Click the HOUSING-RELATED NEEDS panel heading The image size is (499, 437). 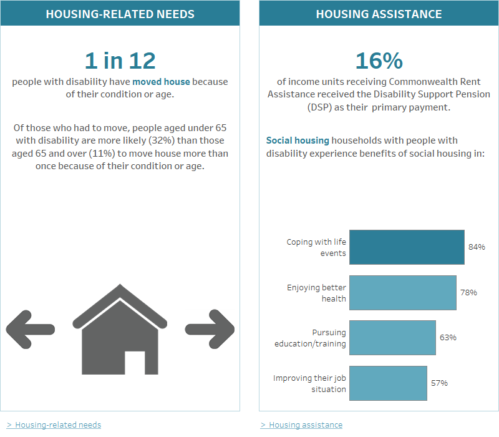point(120,14)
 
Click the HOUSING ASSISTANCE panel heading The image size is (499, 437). point(379,14)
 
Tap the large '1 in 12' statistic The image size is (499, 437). point(120,61)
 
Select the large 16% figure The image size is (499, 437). point(379,61)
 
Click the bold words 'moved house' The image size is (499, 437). point(161,82)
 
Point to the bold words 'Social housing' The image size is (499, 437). point(298,140)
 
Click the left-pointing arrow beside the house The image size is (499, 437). point(29,328)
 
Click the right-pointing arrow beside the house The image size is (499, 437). point(210,328)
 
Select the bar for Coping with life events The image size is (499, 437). point(407,247)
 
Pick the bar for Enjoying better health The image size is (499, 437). point(402,293)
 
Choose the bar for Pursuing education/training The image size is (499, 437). point(392,338)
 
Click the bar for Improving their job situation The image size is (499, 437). point(388,383)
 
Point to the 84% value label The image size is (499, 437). point(477,247)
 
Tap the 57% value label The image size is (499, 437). point(439,383)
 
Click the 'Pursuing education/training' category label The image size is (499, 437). point(310,338)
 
